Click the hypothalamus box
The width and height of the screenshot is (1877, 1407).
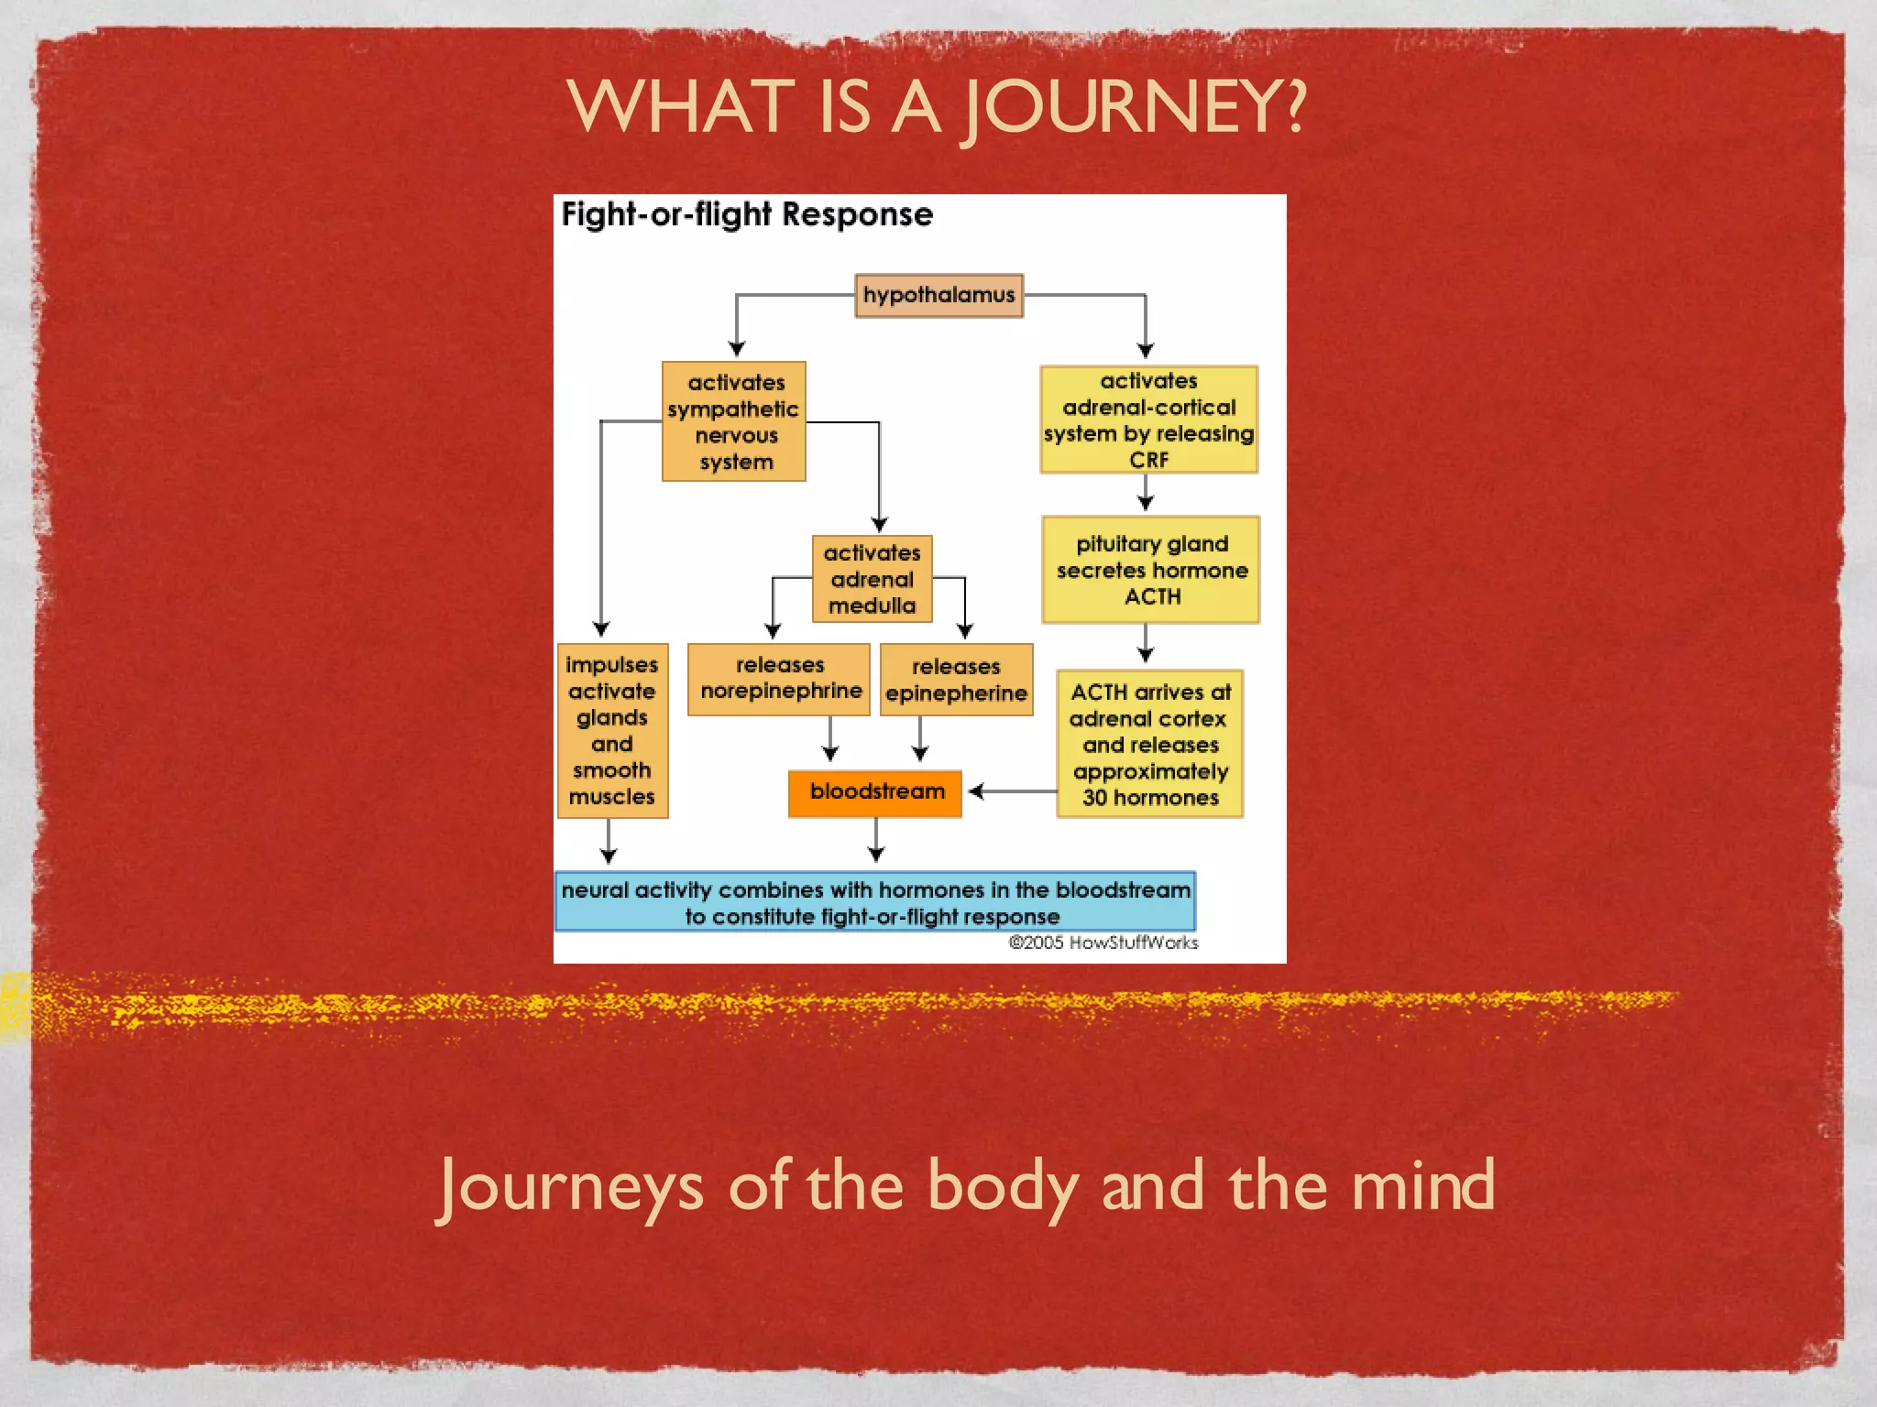tap(938, 295)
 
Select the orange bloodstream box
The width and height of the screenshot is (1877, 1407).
tap(875, 791)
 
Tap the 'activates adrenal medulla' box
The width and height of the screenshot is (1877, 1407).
tap(872, 579)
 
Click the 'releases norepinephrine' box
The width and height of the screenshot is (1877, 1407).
tap(779, 678)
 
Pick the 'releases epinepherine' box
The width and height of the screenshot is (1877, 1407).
tap(956, 680)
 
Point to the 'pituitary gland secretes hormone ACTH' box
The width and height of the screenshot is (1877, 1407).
tap(1151, 570)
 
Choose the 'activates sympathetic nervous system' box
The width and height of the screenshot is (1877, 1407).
tap(734, 421)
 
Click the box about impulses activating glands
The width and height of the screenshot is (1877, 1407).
tap(612, 730)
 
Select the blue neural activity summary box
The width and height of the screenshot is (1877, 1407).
tap(875, 902)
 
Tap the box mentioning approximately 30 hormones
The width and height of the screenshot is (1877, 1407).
tap(1150, 744)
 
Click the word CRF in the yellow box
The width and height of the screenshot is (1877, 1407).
tap(1148, 460)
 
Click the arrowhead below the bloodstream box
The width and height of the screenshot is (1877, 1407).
tap(876, 853)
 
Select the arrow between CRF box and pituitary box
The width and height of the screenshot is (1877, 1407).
tap(1146, 494)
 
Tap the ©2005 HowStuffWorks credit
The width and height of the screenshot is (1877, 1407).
tap(1103, 943)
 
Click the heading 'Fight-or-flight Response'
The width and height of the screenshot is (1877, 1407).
tap(747, 214)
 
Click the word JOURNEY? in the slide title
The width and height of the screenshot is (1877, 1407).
tap(1133, 108)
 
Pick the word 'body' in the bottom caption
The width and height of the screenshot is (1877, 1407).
tap(1002, 1187)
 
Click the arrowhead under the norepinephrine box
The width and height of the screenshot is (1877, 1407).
tap(830, 752)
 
